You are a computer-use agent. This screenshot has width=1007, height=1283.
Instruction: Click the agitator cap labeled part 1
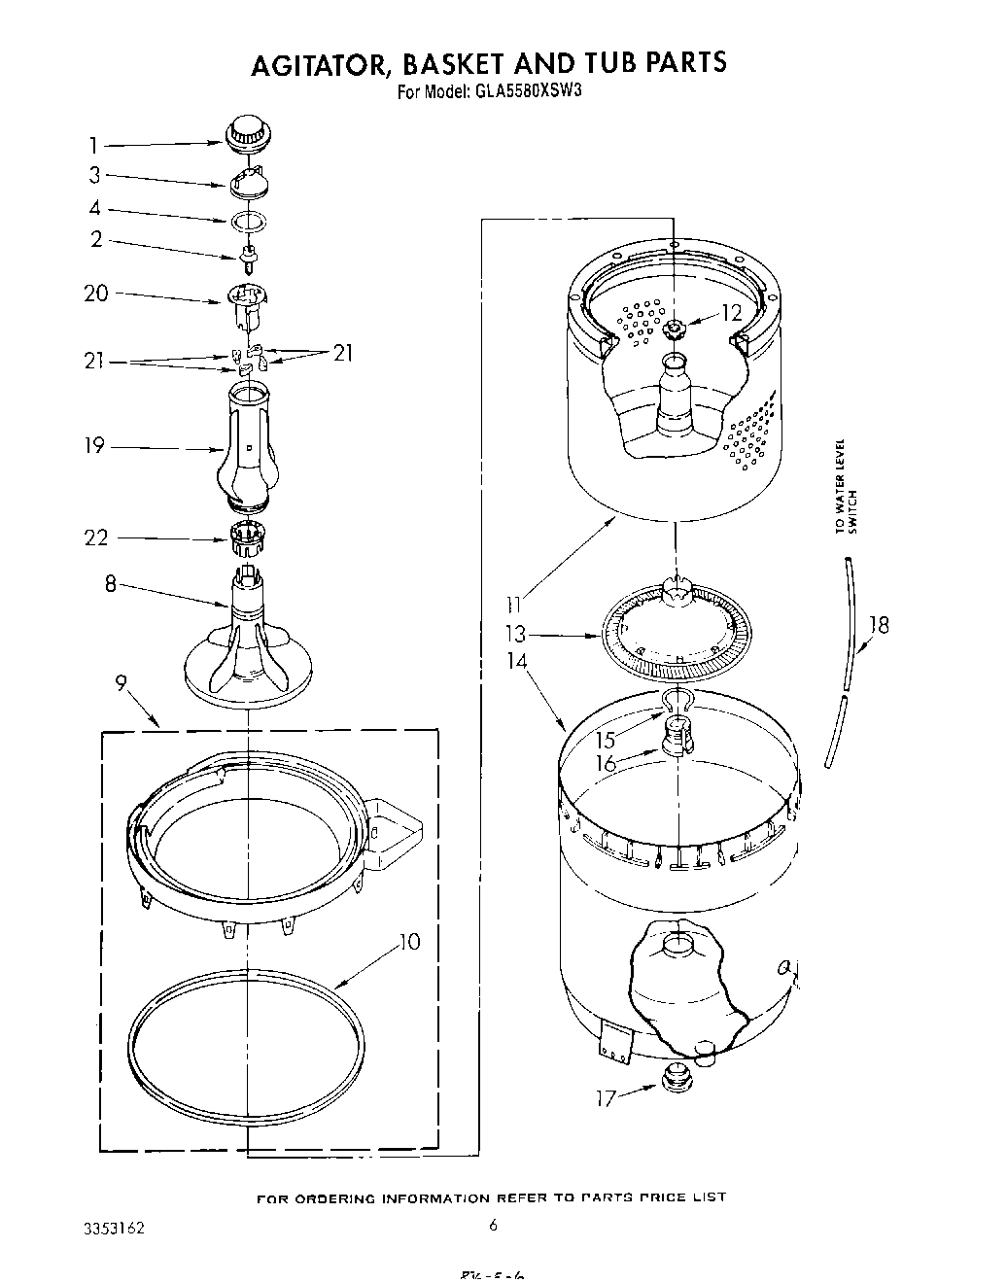coord(249,133)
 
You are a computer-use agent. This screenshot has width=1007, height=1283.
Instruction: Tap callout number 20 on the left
coord(96,294)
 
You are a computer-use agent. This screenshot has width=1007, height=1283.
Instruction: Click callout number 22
coord(96,537)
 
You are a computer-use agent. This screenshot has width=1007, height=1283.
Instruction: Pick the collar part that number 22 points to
coord(249,536)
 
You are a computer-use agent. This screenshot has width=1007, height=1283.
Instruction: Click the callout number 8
coord(110,584)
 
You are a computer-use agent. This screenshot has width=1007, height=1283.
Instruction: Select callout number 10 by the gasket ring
coord(410,942)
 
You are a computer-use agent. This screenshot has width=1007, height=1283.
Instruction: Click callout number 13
coord(516,634)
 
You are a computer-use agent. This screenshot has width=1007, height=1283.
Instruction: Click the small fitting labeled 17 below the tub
coord(674,1076)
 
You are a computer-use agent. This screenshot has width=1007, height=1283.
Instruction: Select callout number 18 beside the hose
coord(879,625)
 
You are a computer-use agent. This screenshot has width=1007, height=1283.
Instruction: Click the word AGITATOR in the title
coord(308,63)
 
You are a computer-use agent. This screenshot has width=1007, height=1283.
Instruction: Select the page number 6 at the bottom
coord(494,1226)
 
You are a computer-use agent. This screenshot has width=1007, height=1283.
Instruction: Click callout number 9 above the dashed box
coord(121,684)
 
